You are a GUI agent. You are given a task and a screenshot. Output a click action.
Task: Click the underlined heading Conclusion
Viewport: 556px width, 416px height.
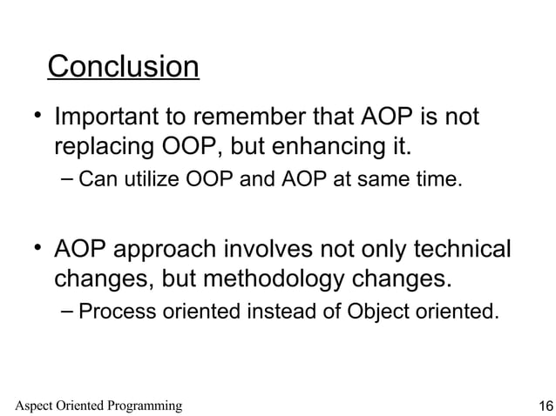(123, 67)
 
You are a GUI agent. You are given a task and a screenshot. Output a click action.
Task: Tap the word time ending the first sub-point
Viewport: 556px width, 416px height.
(436, 181)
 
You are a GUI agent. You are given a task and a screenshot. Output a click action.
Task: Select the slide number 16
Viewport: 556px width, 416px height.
(546, 406)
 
